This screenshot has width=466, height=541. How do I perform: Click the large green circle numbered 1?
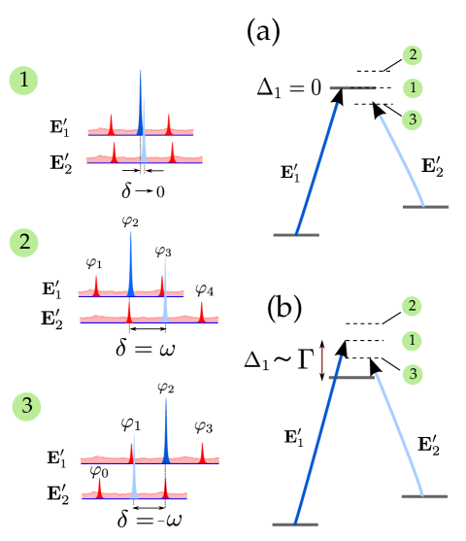(23, 80)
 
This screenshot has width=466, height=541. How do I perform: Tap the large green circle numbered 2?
(24, 242)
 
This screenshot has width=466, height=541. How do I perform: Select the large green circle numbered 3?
(26, 406)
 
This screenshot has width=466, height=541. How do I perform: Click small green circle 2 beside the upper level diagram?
(413, 55)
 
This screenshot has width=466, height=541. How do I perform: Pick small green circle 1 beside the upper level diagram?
(413, 88)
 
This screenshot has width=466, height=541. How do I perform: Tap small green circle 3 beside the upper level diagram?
(413, 120)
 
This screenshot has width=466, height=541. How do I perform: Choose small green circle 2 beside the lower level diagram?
(412, 306)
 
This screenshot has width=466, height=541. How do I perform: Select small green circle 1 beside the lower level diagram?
(412, 341)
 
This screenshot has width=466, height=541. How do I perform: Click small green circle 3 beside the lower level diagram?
(412, 374)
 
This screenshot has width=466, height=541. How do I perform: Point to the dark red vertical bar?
(321, 360)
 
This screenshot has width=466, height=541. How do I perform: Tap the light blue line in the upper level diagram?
(402, 160)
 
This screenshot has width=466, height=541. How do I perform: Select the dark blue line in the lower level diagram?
(317, 452)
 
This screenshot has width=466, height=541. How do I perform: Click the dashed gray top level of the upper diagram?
(352, 88)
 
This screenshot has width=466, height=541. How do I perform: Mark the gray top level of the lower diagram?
(351, 378)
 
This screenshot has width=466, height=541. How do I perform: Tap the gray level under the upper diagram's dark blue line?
(296, 234)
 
